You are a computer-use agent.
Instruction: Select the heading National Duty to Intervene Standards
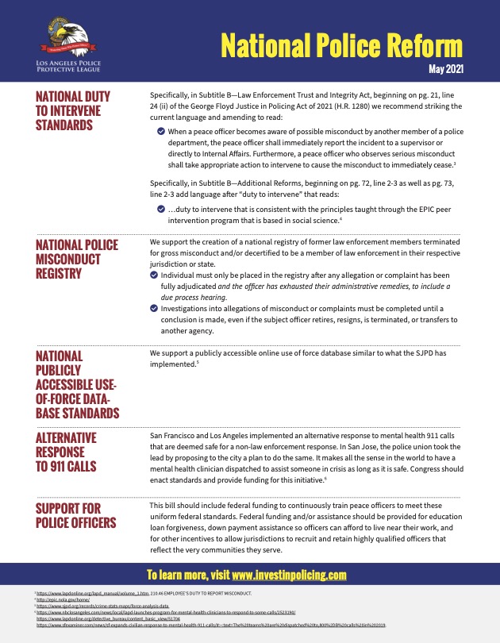73,111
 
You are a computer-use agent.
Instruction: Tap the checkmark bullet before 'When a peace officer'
161,130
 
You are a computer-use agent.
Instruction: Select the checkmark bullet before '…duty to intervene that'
161,209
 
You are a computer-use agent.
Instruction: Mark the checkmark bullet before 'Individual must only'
154,275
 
